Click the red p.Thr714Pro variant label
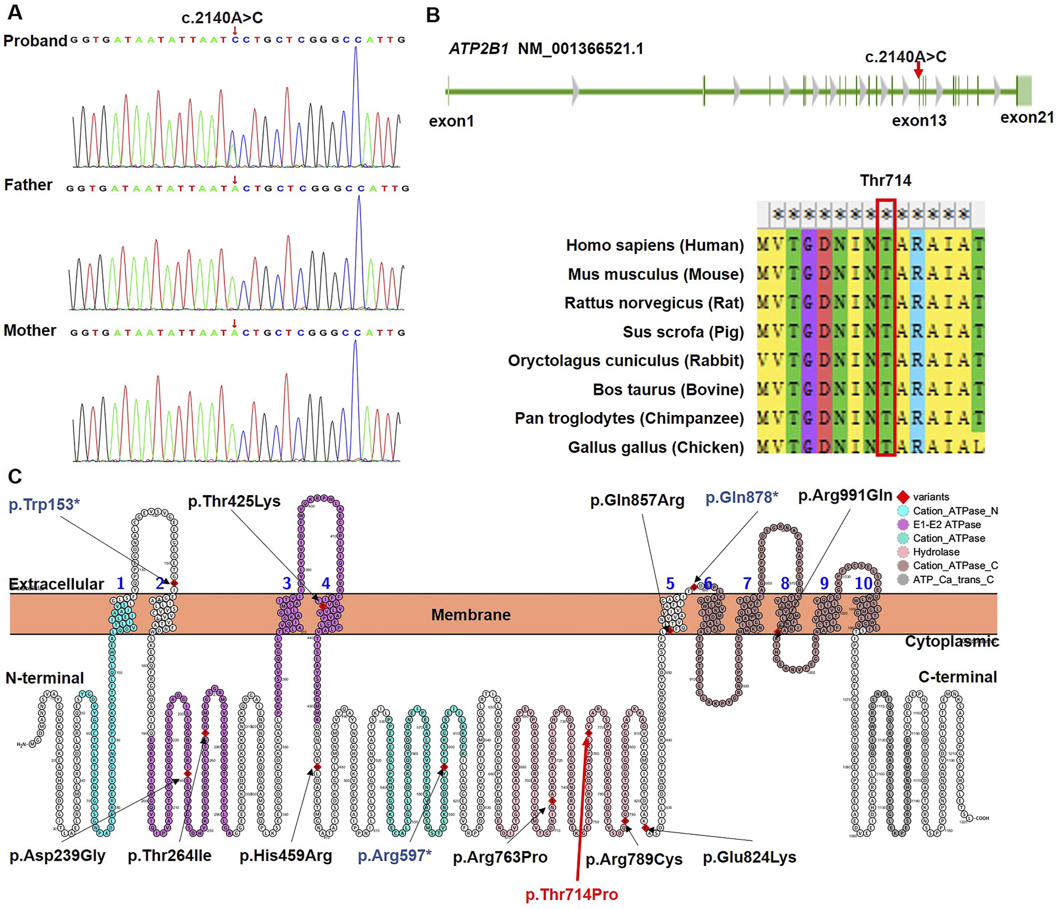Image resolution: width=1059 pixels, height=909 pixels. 571,895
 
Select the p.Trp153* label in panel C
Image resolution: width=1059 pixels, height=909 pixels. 44,505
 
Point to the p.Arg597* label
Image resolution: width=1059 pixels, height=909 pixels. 394,856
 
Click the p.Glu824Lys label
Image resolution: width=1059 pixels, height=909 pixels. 749,858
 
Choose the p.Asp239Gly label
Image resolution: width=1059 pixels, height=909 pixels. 57,856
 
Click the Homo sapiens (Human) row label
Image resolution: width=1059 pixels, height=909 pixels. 654,245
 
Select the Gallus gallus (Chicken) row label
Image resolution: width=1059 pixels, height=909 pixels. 656,447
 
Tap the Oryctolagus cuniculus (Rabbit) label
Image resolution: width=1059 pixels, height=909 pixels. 626,361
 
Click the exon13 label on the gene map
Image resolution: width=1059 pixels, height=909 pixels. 919,121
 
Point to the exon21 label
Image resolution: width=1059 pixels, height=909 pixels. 1027,117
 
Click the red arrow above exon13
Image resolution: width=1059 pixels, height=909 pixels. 919,70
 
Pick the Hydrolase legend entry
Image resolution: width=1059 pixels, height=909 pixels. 936,552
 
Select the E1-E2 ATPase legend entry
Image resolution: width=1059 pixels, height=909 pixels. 947,524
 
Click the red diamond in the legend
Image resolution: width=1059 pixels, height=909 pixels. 903,497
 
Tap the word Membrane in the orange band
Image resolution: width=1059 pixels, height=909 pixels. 471,615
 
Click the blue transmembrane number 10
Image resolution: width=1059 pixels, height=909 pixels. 864,583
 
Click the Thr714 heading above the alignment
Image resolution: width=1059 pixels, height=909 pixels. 885,181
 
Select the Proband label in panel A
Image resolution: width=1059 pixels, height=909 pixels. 35,41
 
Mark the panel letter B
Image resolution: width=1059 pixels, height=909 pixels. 433,15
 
